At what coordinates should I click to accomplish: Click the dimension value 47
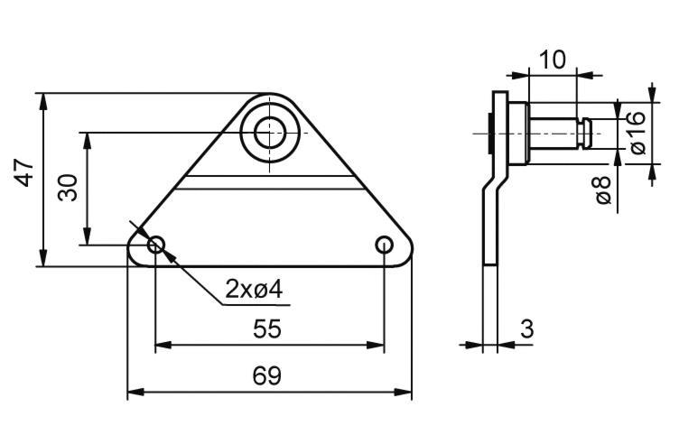click(24, 173)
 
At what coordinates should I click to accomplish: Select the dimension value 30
click(67, 188)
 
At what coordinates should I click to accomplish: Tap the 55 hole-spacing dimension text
click(267, 328)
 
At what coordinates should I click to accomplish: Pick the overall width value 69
click(267, 375)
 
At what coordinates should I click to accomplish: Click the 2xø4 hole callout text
click(254, 289)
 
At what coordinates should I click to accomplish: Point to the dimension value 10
click(553, 60)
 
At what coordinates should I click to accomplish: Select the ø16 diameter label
click(637, 133)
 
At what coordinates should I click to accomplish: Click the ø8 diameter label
click(603, 190)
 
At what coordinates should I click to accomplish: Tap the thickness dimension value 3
click(527, 329)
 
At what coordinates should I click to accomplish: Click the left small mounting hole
click(156, 245)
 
